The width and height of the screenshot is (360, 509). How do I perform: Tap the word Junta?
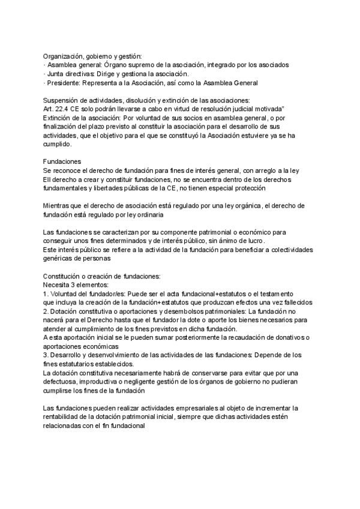[58, 73]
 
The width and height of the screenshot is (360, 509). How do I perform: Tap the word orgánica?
[245, 206]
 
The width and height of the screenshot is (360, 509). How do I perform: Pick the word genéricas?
[61, 259]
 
